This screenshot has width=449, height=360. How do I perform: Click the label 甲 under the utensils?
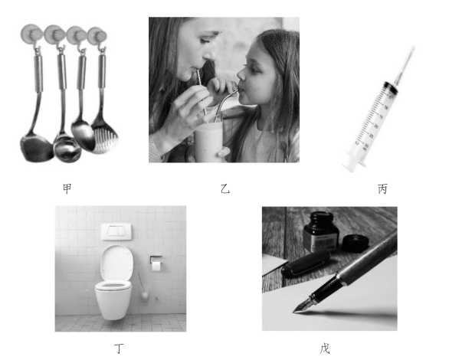67,189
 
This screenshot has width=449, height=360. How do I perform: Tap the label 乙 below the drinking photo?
225,189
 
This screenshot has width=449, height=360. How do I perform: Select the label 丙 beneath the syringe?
382,189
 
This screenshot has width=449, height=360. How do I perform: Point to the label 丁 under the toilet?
119,349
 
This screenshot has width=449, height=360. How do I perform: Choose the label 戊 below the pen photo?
325,349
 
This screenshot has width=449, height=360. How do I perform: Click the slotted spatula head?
104,137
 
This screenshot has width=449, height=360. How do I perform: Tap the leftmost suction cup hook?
31,34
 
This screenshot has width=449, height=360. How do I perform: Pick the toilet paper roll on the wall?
156,266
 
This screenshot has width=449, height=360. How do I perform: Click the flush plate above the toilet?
116,232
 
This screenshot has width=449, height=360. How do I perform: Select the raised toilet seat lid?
116,263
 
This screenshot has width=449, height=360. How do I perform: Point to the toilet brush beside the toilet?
143,286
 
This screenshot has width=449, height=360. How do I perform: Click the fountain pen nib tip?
293,312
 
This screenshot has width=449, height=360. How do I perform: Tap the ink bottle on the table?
321,232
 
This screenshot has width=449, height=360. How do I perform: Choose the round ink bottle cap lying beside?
356,243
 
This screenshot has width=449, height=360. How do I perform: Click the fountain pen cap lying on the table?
306,263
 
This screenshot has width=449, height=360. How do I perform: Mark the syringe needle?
405,64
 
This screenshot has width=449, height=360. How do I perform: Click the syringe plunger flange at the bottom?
354,163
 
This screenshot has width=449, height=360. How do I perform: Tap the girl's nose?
241,75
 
